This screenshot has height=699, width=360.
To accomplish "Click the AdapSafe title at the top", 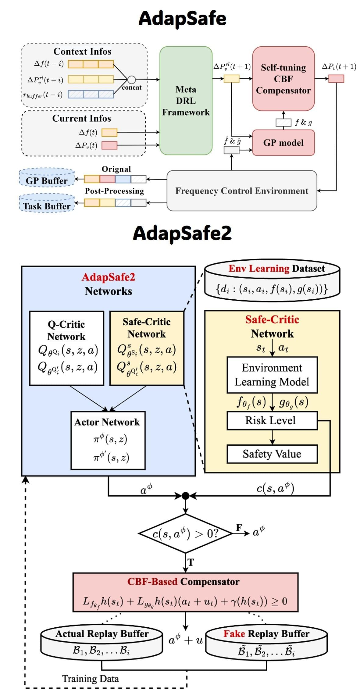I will pos(182,18).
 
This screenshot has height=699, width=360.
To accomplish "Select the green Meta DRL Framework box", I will pos(186,101).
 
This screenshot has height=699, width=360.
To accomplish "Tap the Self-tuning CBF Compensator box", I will pos(283,79).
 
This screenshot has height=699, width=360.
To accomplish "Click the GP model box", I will pos(283,143).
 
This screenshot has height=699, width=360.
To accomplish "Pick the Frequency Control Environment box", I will pos(242,191).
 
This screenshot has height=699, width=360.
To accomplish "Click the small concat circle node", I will pos(131,80).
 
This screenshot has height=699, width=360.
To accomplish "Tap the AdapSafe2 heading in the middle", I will pos(182,233).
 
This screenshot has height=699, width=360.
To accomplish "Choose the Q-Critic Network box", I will pos(66,348).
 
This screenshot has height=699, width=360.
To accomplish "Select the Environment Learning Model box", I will pos(272,375).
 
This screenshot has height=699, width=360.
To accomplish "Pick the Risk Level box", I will pos(272,421).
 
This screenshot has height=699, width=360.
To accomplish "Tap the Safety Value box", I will pos(272,454).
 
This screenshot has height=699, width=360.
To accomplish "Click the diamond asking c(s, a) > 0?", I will pos(185,533).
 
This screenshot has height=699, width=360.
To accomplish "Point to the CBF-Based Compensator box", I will pos(185,592).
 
